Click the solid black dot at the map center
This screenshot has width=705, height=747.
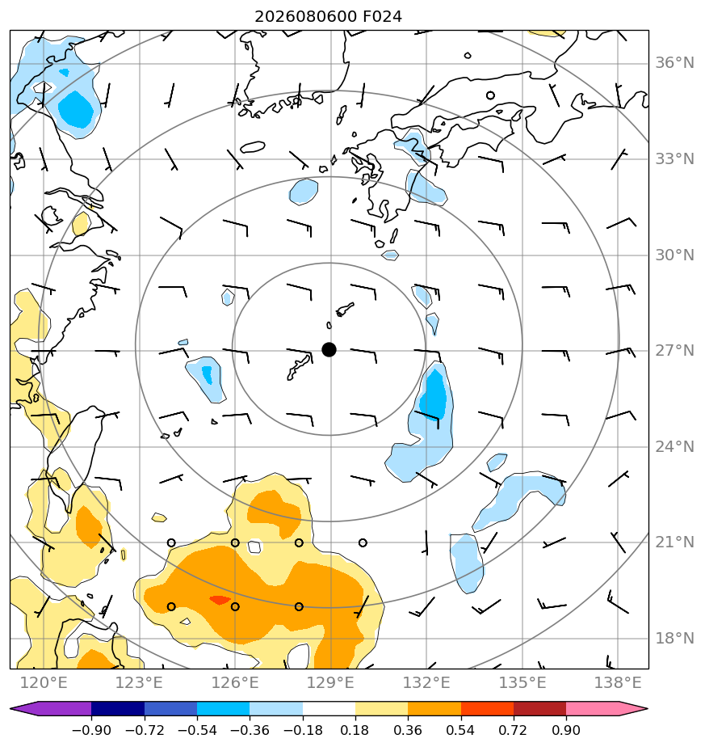(329, 350)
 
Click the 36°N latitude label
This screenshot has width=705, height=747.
(674, 63)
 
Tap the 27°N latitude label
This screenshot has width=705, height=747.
(674, 351)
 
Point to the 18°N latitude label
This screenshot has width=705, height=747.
(674, 638)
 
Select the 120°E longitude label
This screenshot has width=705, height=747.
(44, 683)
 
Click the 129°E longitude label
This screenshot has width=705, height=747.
(330, 683)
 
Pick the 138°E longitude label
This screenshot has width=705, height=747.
(618, 683)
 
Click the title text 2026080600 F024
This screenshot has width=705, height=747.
(329, 17)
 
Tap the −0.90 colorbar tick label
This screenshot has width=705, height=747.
(91, 730)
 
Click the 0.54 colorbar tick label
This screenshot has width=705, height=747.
(461, 730)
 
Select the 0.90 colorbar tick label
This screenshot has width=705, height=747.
(566, 730)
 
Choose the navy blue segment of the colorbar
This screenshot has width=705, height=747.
(118, 708)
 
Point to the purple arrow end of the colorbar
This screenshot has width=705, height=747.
(23, 708)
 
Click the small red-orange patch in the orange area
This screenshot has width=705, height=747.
(220, 600)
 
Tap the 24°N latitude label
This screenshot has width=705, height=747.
(674, 446)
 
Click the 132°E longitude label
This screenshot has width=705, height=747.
(426, 683)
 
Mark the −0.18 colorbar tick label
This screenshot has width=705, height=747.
(303, 730)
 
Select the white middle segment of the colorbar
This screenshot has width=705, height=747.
(329, 708)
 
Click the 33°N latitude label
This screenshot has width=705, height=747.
(674, 158)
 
